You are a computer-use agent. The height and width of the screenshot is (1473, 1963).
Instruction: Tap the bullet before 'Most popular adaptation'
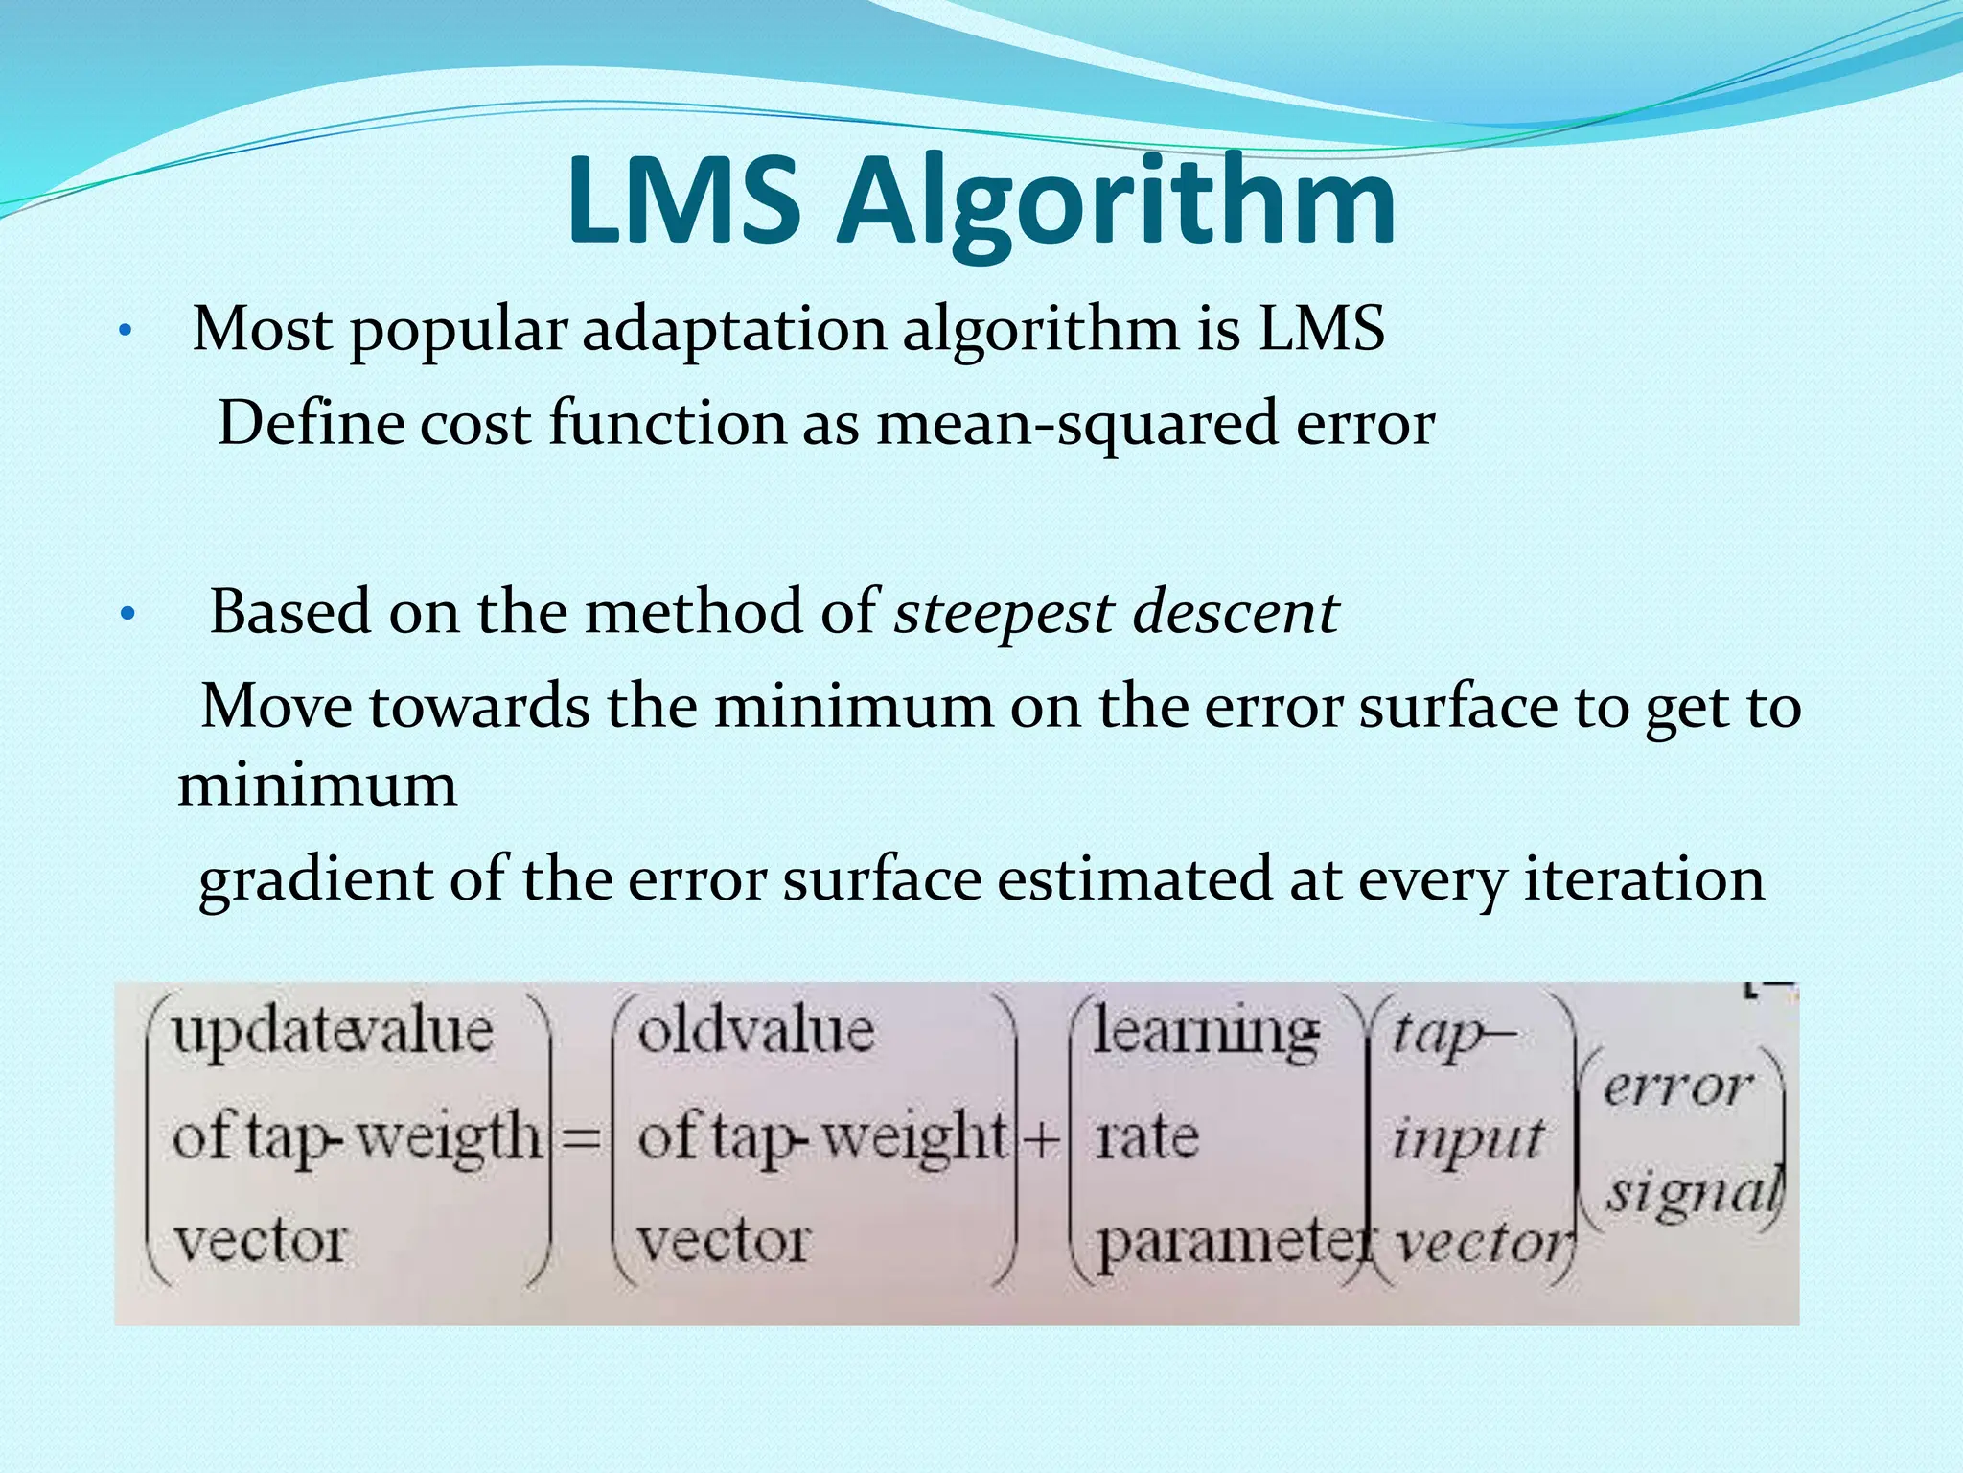124,333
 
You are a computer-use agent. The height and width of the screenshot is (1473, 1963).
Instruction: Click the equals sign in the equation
581,1139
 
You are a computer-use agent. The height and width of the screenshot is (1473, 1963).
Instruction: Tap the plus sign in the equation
1041,1139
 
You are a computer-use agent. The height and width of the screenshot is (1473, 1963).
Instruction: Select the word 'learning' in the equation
1206,1034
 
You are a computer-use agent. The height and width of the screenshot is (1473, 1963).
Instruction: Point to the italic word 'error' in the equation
1677,1087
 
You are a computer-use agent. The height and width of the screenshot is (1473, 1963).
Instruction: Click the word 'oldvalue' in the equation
756,1032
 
